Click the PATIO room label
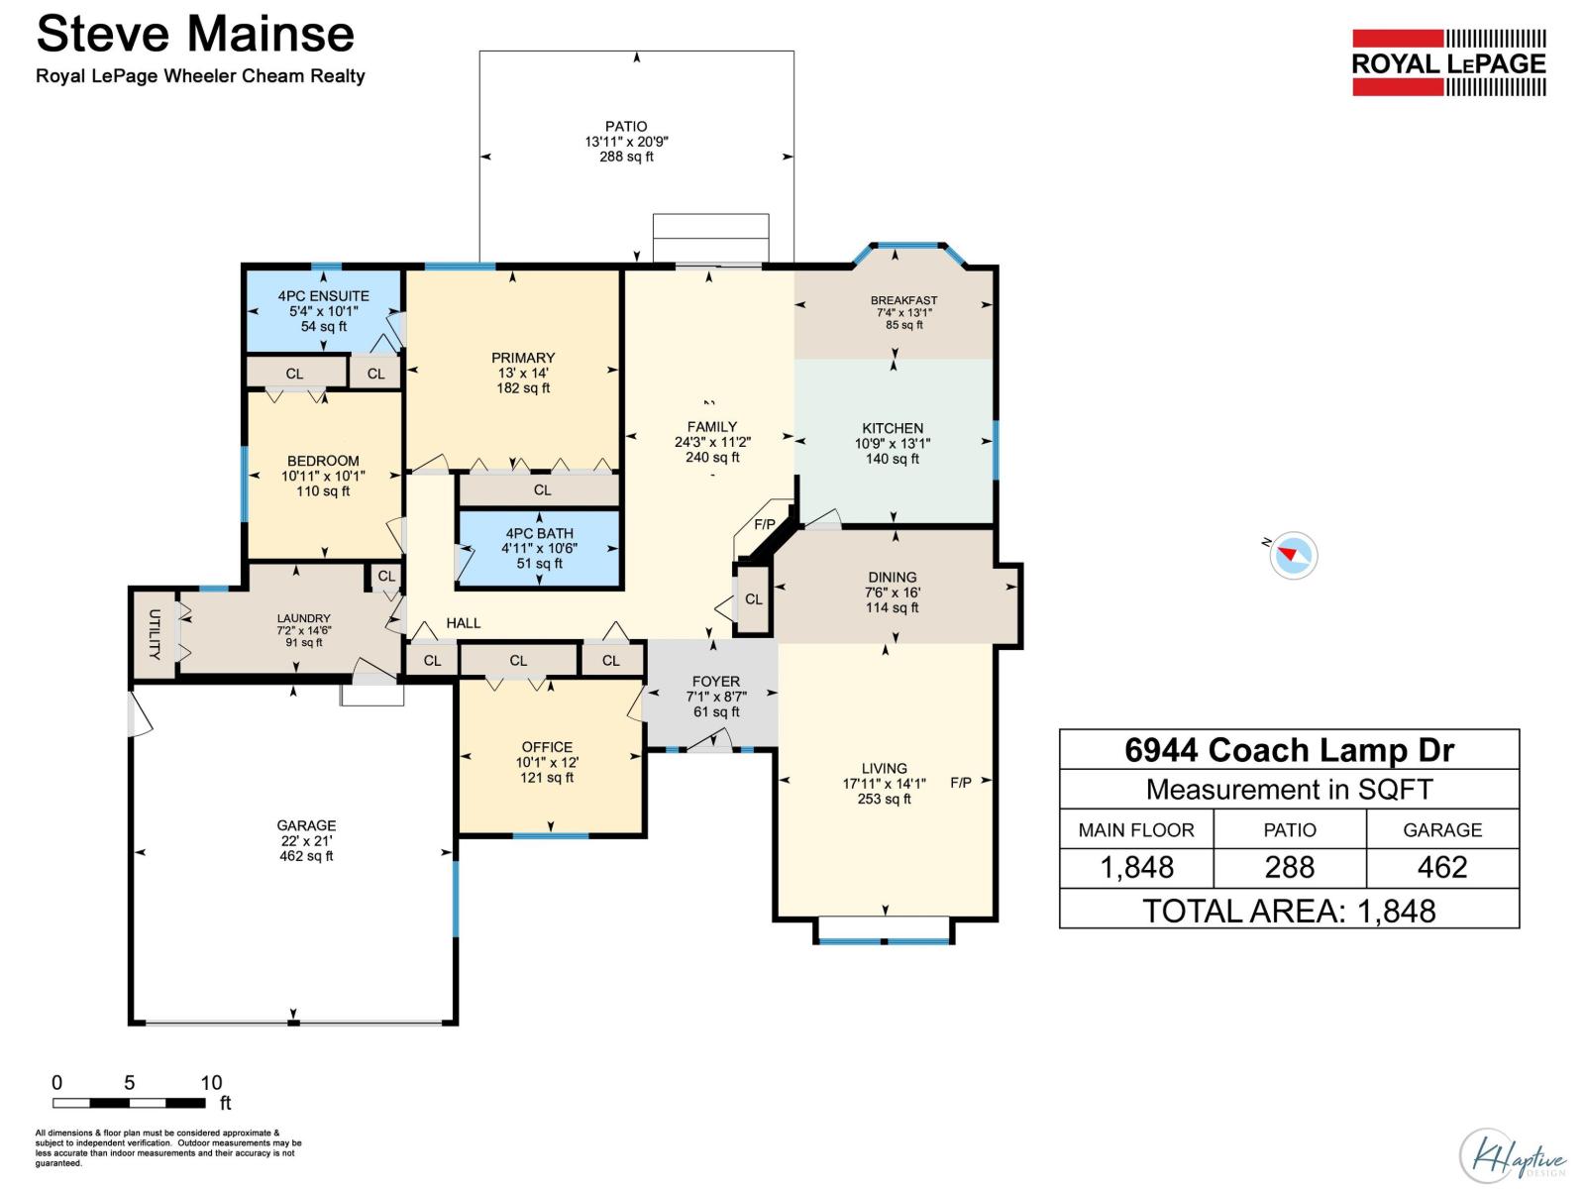[x=626, y=126]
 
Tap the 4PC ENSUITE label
[x=323, y=295]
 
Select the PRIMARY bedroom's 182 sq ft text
[x=523, y=388]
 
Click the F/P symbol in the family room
[x=765, y=524]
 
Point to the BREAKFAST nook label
[x=903, y=300]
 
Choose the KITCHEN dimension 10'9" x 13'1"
[x=893, y=444]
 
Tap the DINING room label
[x=892, y=577]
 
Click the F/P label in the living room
[x=960, y=783]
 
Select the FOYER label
[x=715, y=682]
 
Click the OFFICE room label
[x=547, y=747]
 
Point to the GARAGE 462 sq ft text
[x=306, y=856]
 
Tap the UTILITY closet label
[x=155, y=634]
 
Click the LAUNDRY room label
[x=303, y=618]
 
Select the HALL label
[x=463, y=623]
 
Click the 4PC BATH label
[x=539, y=533]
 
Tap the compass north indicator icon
[x=1293, y=555]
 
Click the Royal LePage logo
[x=1448, y=62]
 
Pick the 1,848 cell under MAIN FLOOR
[x=1136, y=868]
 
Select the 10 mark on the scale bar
[x=211, y=1083]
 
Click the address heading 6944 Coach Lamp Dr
[x=1289, y=750]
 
